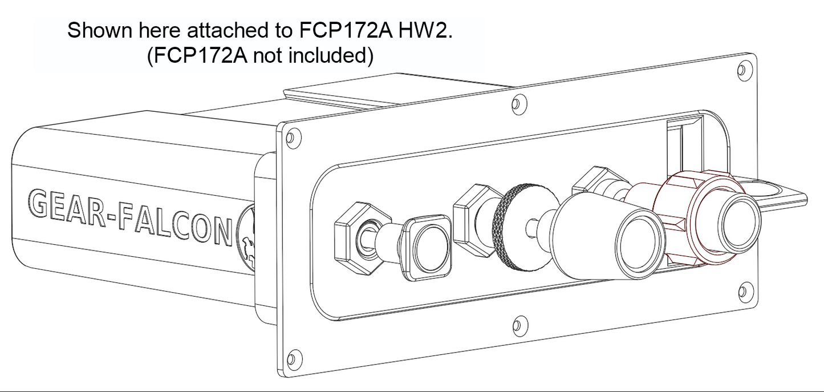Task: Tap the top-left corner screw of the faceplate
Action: click(x=291, y=138)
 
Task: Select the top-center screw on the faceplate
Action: click(x=517, y=103)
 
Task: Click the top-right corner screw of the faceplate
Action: click(x=741, y=70)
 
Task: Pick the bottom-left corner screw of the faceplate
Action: click(x=291, y=358)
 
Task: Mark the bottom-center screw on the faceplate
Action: click(x=517, y=326)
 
